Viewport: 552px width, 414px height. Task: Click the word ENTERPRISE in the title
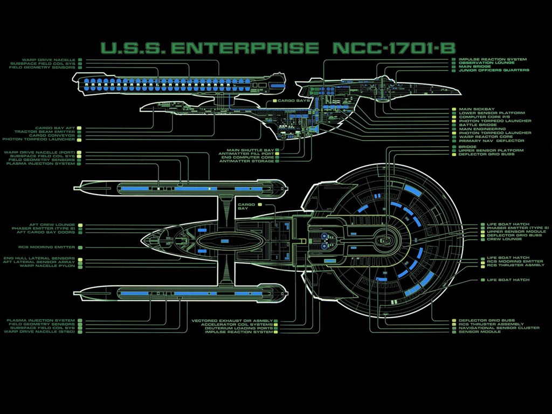pos(245,48)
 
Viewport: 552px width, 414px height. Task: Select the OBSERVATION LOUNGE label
pos(486,63)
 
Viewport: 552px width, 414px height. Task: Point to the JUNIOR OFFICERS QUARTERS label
pos(494,71)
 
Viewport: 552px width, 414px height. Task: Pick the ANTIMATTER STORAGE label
pos(246,161)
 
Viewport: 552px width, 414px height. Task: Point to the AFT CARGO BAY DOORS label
pos(46,232)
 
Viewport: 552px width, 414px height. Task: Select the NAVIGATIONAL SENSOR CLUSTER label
pos(499,328)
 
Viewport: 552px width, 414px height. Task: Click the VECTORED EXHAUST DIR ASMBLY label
pos(232,321)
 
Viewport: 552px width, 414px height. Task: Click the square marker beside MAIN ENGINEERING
pos(454,129)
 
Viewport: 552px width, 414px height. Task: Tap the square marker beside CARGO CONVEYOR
pos(79,135)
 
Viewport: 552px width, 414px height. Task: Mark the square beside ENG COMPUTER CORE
pos(277,157)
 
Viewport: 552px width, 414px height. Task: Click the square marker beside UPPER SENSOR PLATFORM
pos(454,150)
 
